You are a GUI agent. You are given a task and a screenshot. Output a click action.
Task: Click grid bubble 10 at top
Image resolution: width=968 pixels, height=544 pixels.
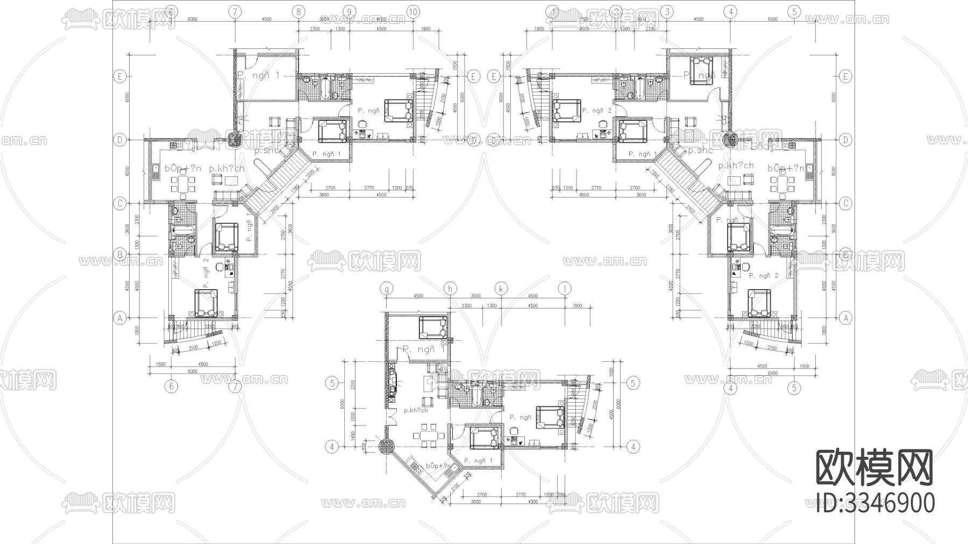[x=413, y=11]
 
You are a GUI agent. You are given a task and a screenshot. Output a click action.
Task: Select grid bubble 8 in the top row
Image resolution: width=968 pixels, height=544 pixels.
[x=299, y=11]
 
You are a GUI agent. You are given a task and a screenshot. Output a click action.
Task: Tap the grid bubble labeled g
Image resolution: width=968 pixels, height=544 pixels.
[x=386, y=289]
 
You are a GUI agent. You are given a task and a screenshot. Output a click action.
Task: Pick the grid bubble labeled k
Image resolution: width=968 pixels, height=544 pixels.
[x=501, y=289]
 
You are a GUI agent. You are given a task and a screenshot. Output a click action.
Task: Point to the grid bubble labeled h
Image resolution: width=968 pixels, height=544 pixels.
[x=450, y=289]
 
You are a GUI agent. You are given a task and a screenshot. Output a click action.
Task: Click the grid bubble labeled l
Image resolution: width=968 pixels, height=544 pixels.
[x=565, y=289]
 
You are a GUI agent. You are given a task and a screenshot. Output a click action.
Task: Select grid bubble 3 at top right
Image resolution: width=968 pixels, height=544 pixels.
[x=667, y=11]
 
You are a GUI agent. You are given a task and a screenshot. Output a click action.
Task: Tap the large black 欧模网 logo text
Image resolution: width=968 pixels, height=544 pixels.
[x=875, y=468]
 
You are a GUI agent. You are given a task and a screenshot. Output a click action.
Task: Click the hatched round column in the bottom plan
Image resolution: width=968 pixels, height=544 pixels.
[x=387, y=446]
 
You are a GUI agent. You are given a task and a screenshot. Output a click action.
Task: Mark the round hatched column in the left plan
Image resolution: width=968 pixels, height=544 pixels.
[x=234, y=139]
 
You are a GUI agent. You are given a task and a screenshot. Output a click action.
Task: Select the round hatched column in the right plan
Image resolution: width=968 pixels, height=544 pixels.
[x=730, y=139]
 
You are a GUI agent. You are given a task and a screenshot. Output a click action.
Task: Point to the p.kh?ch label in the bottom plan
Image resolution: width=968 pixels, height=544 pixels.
[x=415, y=410]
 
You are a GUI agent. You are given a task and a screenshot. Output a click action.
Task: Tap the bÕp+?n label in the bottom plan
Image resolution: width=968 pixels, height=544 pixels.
[x=438, y=466]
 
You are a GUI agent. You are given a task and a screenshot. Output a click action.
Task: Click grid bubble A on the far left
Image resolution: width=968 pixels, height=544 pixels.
[x=120, y=318]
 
